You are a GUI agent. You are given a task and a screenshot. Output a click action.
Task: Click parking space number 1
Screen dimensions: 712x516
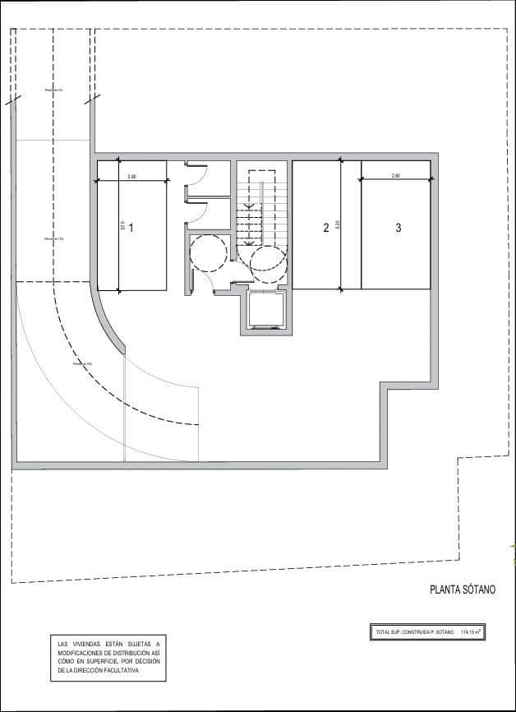tap(131, 228)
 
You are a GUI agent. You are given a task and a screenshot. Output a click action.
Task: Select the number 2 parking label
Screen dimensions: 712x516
tap(325, 228)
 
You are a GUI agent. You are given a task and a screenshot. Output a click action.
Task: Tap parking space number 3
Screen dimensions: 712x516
tap(399, 228)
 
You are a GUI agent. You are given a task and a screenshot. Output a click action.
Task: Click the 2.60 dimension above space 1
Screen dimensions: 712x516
tap(131, 177)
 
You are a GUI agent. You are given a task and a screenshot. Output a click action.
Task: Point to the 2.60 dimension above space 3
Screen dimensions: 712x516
tap(396, 176)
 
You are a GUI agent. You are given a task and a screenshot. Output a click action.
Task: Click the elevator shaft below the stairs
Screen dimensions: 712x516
tap(265, 312)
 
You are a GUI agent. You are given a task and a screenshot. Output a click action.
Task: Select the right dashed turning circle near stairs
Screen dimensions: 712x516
tap(269, 263)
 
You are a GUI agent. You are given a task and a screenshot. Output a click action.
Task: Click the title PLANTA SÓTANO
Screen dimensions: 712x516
tap(463, 589)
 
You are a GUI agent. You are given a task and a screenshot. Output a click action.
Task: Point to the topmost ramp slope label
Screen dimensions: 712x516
tap(53, 90)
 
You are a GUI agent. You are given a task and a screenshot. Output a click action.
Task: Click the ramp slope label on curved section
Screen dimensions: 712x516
tap(81, 363)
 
